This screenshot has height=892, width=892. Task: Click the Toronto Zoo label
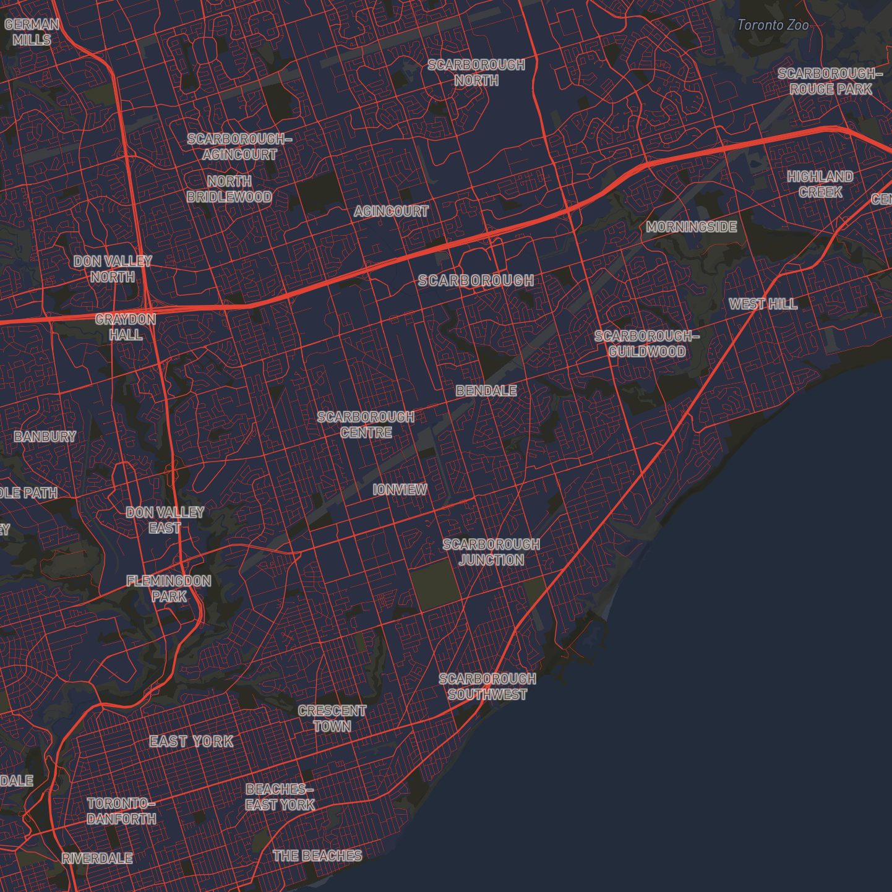pos(773,25)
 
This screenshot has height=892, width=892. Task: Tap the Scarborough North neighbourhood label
pos(476,72)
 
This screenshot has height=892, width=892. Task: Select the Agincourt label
pos(391,212)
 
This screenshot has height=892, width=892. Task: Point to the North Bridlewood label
pos(229,189)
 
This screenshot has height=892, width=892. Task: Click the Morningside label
pos(692,227)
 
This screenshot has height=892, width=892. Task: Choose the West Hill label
pos(763,304)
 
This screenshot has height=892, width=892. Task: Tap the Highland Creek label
pos(820,184)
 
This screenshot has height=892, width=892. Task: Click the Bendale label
pos(486,391)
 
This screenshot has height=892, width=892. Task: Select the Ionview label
pos(400,490)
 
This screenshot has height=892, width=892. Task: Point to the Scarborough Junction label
pos(492,552)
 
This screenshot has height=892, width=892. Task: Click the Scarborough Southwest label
pos(487,687)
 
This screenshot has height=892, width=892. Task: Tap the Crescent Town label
pos(332,719)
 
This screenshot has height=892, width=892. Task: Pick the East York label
pos(192,742)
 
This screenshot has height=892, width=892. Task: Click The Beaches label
pos(317,856)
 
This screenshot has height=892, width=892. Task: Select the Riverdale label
pos(97,859)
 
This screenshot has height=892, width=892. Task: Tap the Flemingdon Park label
pos(169,588)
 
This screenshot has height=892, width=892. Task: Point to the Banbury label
pos(45,437)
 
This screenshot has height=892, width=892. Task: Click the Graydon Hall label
pos(126,327)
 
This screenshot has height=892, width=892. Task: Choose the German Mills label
pos(32,32)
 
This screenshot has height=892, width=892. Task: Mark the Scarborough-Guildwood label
pos(647,344)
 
